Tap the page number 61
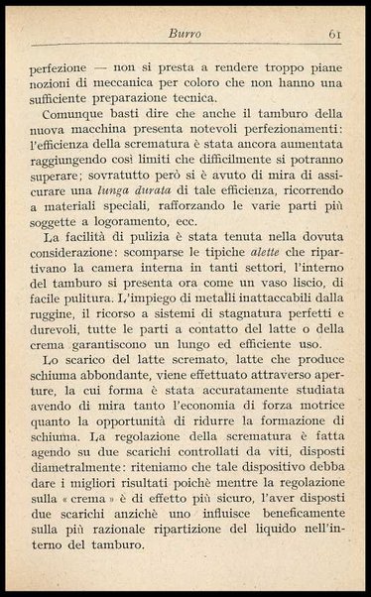point(333,35)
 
